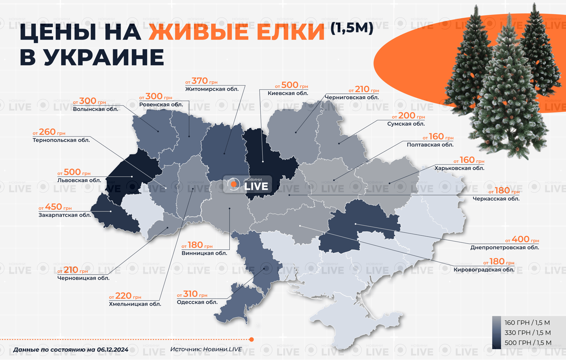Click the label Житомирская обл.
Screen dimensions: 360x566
coord(212,89)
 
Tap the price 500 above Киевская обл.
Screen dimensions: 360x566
coord(289,85)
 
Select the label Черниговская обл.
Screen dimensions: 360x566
coord(352,97)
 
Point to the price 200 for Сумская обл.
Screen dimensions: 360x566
coord(406,116)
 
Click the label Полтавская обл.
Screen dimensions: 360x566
coord(430,145)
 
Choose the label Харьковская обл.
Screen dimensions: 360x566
coord(459,168)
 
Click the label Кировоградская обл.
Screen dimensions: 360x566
coord(484,269)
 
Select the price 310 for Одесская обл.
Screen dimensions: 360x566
coord(190,294)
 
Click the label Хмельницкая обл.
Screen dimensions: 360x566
coord(135,304)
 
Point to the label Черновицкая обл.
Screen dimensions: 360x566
coord(83,278)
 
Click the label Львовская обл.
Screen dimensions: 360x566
coord(79,180)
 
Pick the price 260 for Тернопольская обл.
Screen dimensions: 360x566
coord(47,132)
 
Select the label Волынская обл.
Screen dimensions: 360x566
coord(95,109)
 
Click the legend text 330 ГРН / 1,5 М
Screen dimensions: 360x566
coord(528,333)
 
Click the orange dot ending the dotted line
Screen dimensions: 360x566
coord(251,339)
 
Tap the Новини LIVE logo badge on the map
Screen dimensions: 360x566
coord(247,184)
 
